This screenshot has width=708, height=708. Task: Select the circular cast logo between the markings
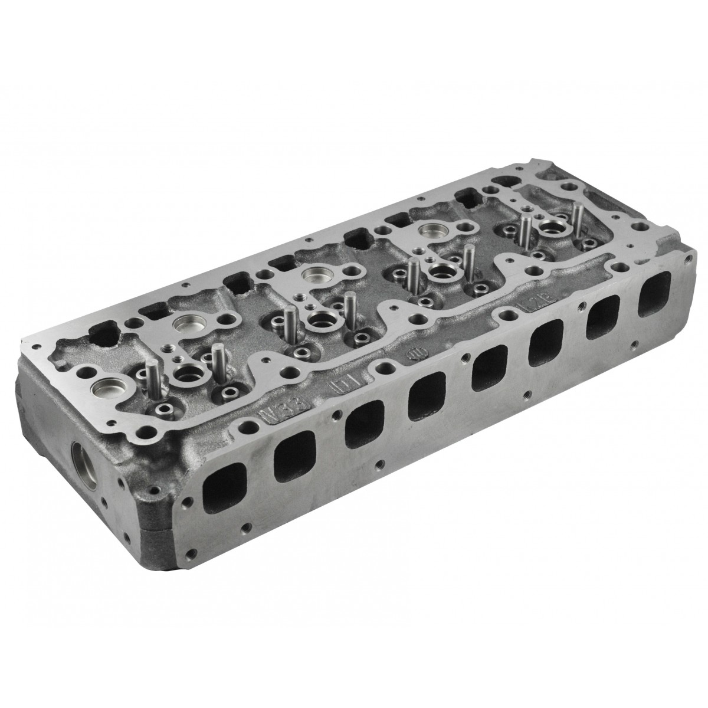[415, 355]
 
